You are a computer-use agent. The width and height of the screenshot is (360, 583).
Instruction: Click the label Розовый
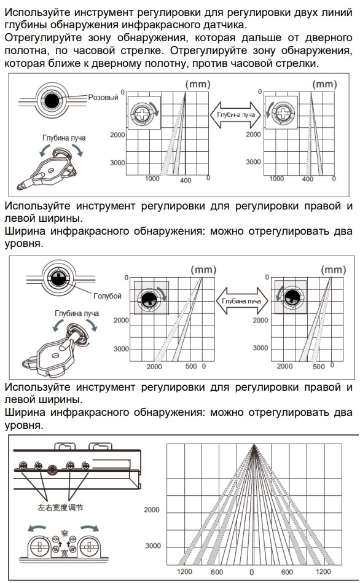103,98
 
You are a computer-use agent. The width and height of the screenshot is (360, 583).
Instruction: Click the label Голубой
108,296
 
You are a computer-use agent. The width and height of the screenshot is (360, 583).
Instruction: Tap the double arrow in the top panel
236,115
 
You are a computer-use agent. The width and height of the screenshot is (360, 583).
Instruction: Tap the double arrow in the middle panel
241,301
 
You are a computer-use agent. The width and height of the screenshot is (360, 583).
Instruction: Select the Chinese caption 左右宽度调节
60,507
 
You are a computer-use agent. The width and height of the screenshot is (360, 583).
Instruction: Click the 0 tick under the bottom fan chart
252,572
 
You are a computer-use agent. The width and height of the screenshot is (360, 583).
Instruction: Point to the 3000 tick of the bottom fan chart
153,546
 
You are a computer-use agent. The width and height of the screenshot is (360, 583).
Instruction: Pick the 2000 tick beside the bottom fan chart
152,510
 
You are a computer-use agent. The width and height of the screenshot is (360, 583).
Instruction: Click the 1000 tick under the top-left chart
152,179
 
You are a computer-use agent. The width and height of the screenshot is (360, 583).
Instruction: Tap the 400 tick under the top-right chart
308,179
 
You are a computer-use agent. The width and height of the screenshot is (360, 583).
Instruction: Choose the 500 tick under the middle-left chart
191,366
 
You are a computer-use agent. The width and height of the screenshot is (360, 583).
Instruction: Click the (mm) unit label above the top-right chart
324,84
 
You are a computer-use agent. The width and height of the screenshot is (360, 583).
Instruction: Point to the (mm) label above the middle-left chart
203,270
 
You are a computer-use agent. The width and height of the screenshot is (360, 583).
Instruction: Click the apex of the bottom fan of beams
254,445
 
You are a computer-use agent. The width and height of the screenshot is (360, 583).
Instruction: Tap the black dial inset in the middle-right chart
292,297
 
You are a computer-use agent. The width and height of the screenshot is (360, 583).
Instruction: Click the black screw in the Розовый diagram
52,100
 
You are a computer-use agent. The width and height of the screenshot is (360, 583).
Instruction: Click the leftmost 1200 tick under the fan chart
184,571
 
